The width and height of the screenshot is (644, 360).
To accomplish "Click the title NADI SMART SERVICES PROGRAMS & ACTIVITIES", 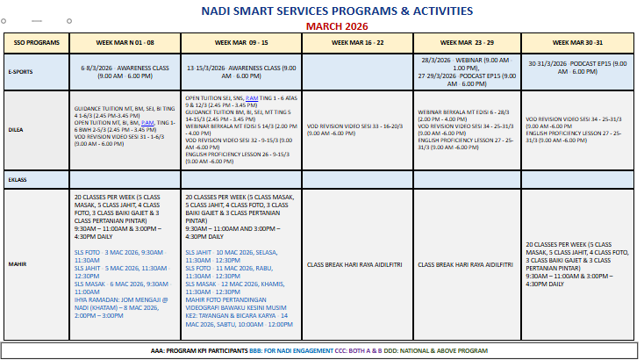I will click(326, 11).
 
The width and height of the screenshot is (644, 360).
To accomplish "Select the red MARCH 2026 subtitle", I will click(326, 25).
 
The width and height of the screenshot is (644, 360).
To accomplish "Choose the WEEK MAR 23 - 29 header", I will click(468, 42).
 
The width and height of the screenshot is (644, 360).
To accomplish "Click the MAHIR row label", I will click(17, 263).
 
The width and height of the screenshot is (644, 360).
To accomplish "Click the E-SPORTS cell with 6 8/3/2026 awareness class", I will click(125, 71).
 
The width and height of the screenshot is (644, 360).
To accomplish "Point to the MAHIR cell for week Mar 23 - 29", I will click(468, 263).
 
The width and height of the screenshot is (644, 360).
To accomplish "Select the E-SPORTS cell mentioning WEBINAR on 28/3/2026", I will click(467, 71).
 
